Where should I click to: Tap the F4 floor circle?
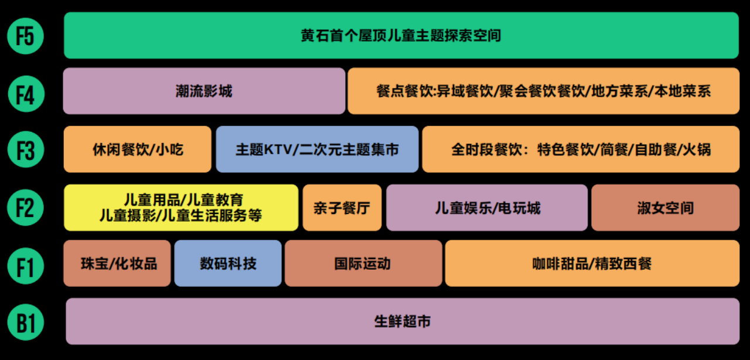point(25,94)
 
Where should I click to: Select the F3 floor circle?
point(25,150)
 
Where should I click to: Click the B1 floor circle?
point(25,322)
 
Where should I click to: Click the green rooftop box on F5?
point(401,36)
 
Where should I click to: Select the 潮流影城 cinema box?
point(204,91)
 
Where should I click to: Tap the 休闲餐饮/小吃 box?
point(137,150)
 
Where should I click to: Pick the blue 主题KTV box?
point(317,150)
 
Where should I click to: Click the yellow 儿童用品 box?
point(180,208)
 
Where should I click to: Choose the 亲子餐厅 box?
point(342,208)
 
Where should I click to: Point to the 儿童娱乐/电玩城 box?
point(486,208)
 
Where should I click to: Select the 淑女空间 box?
point(665,208)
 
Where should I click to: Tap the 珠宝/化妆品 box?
point(117,263)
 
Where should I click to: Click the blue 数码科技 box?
point(228,263)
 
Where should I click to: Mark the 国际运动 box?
point(363,263)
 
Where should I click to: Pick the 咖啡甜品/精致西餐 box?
point(592,263)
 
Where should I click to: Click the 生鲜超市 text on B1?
point(402,321)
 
